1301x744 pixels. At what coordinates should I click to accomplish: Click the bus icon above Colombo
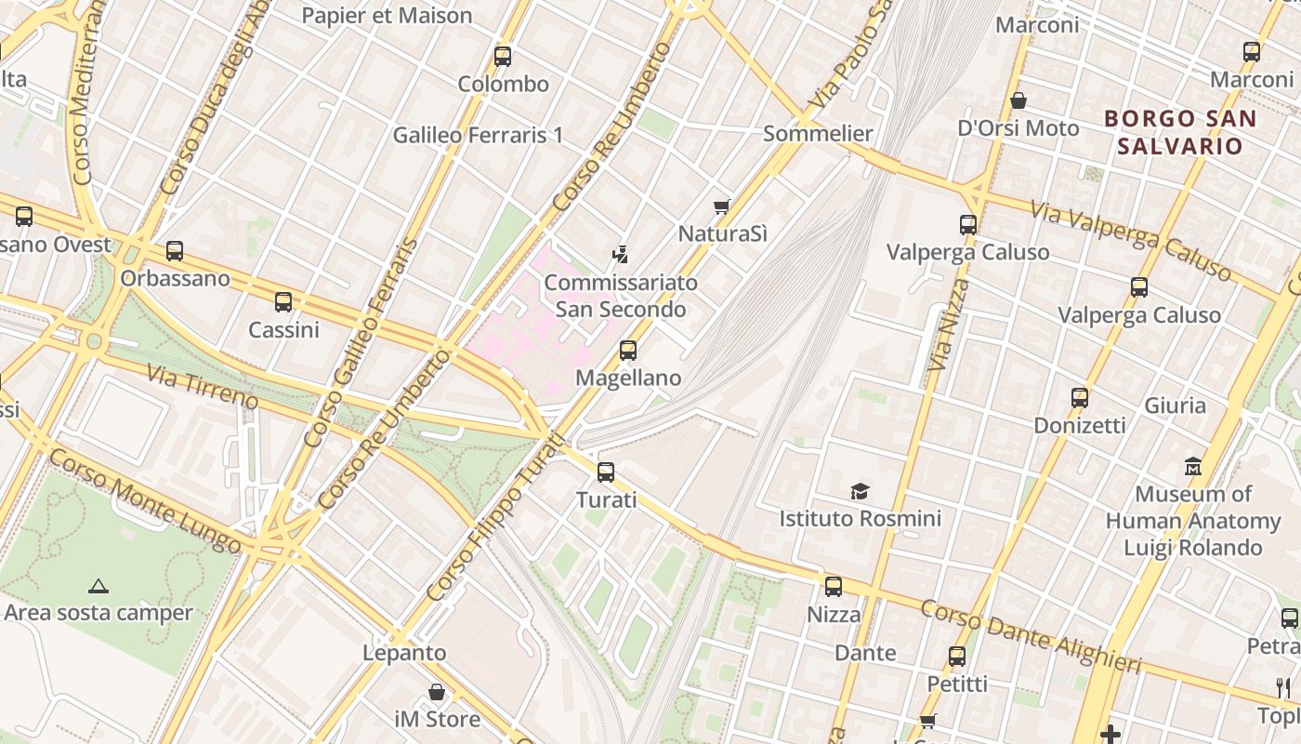[503, 57]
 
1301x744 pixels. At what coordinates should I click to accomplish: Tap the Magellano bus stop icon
[628, 351]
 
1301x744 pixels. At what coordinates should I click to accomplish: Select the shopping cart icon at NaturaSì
[722, 206]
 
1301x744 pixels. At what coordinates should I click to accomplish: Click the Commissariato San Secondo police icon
[620, 253]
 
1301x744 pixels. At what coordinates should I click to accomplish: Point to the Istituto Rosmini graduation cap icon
[860, 491]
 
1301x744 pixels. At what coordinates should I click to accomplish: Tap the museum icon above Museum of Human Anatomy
[1193, 466]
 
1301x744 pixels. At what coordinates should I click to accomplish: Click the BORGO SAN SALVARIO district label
[1179, 132]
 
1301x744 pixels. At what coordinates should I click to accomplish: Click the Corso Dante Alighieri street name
[1030, 637]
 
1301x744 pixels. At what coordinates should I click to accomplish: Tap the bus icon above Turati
[606, 472]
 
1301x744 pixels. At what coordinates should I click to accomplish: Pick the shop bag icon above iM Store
[437, 692]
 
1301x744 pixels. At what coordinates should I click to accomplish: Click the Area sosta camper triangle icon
[98, 586]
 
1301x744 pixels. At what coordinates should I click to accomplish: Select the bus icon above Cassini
[283, 302]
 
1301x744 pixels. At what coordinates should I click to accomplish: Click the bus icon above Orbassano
[175, 250]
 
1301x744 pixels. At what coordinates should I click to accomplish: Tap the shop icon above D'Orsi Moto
[1018, 100]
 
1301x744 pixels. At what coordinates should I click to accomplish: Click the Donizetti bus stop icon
[1080, 398]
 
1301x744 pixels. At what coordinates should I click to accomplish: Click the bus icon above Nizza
[834, 587]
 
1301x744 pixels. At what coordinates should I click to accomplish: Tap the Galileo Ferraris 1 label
[478, 135]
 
